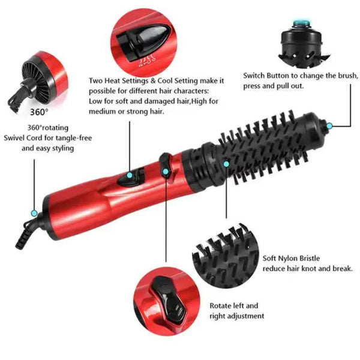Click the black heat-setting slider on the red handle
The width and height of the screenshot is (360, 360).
[x=131, y=176]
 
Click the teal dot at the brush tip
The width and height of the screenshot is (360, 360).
[x=329, y=125]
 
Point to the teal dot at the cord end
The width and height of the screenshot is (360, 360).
[x=34, y=212]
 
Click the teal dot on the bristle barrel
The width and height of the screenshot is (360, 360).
[x=226, y=163]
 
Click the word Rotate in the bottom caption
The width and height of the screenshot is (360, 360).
[x=222, y=305]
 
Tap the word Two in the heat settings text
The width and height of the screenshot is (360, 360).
[x=95, y=80]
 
